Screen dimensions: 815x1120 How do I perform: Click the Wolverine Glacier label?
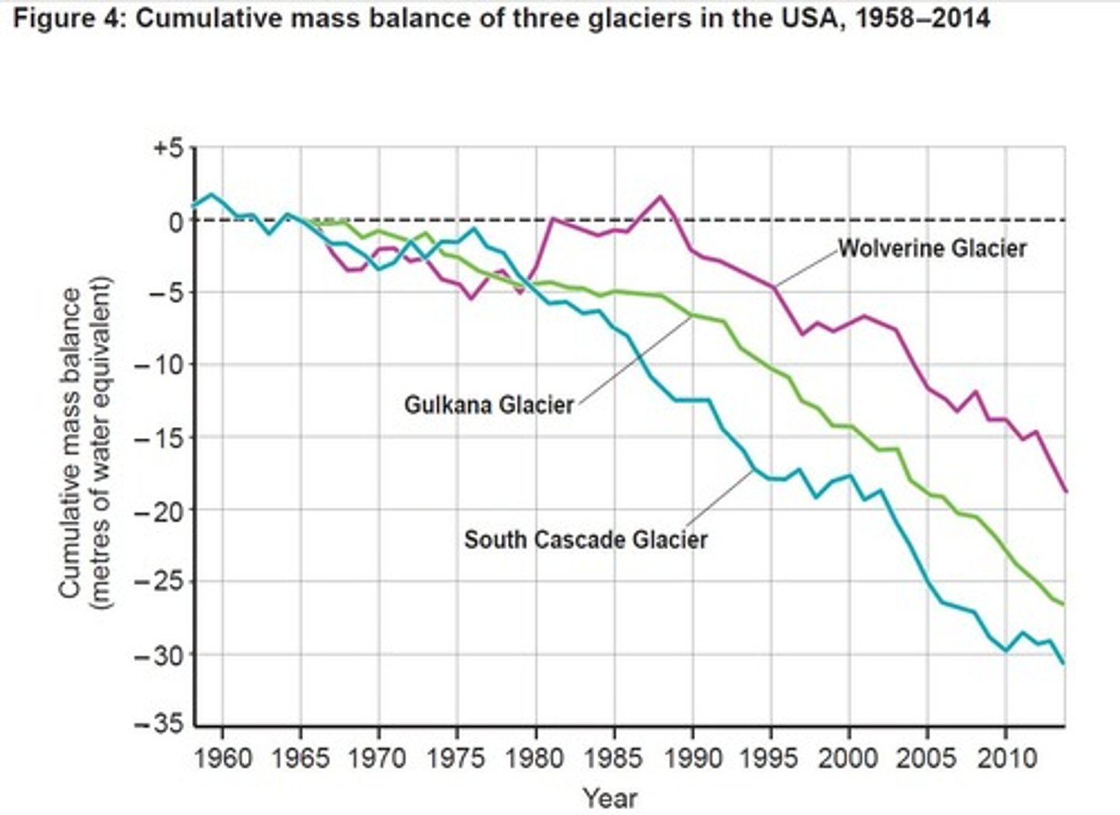click(932, 248)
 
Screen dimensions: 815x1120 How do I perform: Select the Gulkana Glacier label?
click(488, 404)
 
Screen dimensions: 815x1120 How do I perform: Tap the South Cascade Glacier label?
click(586, 539)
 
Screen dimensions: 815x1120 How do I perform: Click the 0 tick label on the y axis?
click(176, 221)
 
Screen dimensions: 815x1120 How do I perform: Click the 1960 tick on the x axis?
click(222, 757)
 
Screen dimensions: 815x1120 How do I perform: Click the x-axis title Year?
click(611, 797)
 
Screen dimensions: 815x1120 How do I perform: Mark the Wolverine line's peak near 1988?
click(660, 196)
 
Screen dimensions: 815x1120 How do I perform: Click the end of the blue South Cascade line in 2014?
click(1064, 663)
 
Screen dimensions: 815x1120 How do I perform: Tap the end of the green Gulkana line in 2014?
click(1064, 604)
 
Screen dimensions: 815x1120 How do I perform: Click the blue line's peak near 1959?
click(211, 194)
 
